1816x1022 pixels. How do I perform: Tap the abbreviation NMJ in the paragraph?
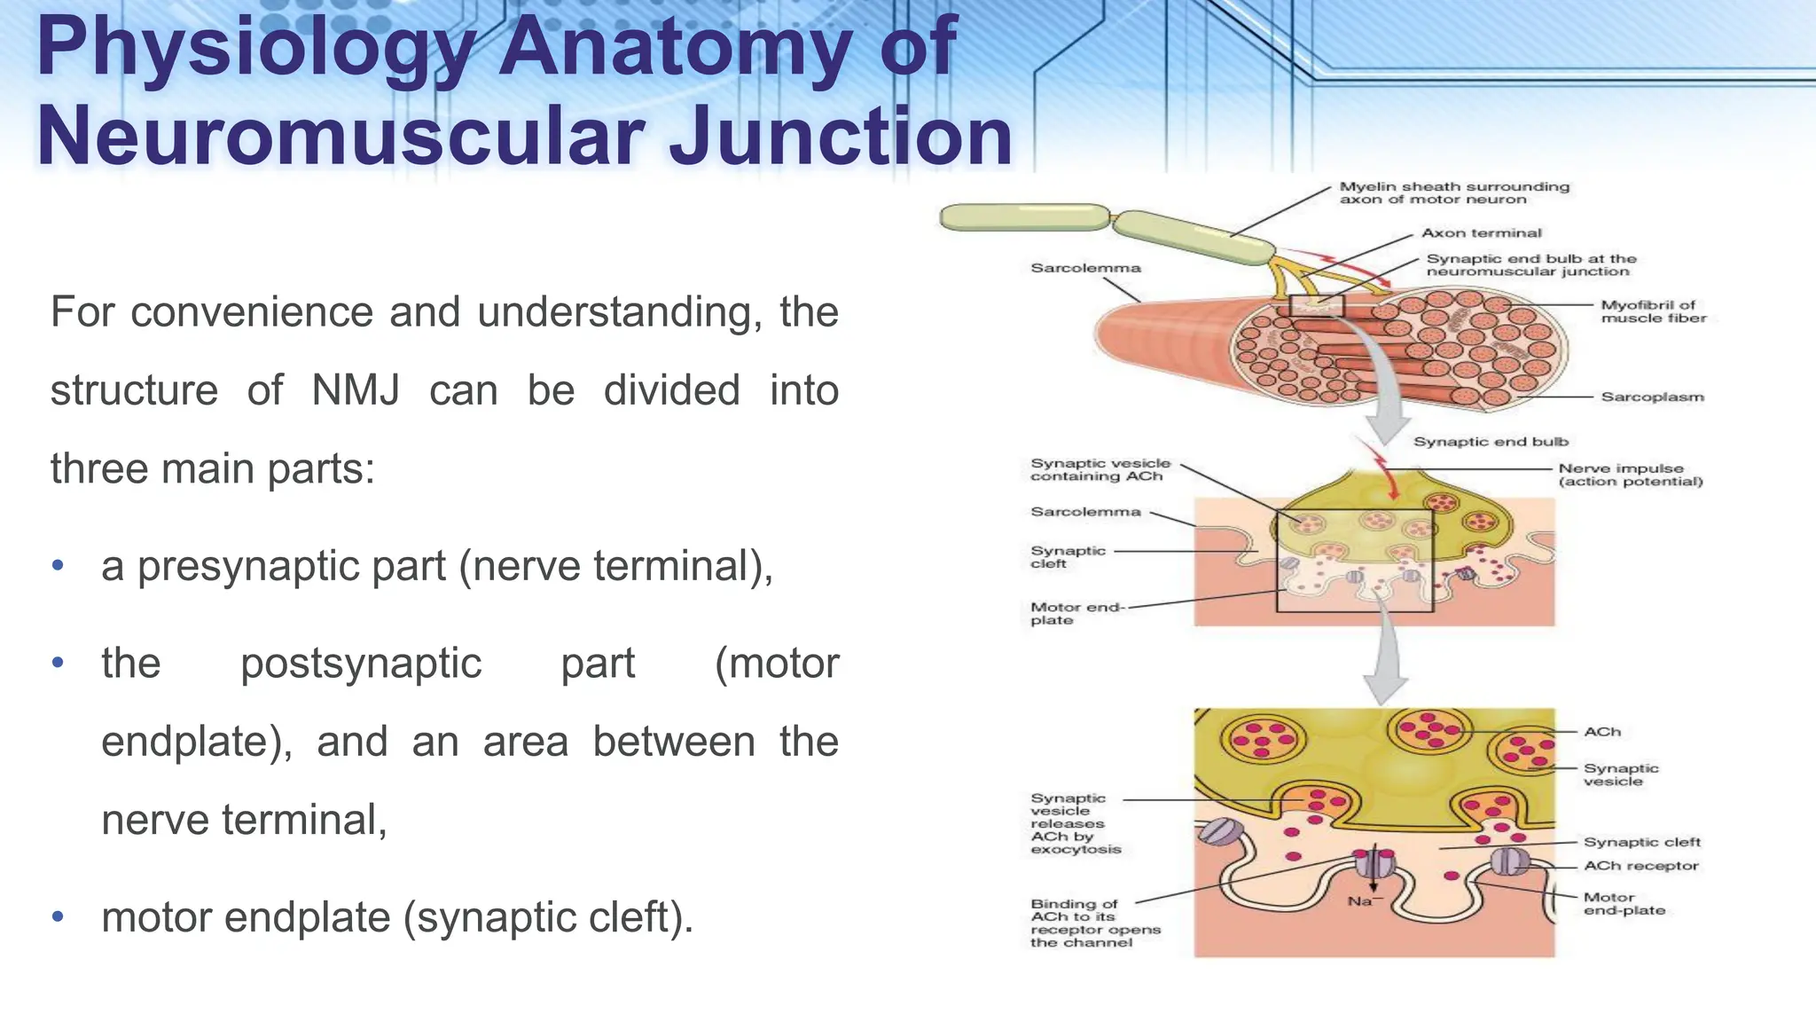356,390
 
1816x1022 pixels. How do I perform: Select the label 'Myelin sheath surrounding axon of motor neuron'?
1453,193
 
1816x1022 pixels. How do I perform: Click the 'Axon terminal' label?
1481,233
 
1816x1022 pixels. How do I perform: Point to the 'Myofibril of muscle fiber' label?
1653,311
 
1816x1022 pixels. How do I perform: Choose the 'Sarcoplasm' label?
1652,397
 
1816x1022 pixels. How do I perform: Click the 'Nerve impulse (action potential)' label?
1630,475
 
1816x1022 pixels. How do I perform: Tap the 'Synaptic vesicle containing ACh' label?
1100,469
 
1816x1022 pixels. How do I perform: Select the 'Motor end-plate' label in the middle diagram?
1076,613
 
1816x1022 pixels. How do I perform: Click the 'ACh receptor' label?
1640,865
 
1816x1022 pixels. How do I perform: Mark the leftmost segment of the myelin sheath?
1024,217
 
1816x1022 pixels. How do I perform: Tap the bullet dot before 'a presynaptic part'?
58,565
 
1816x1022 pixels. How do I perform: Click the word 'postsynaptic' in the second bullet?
361,664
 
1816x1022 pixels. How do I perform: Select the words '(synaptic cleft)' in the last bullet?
547,917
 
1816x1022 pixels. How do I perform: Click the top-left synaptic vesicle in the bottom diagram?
1263,738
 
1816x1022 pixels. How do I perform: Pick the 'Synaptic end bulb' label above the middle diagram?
1490,442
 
